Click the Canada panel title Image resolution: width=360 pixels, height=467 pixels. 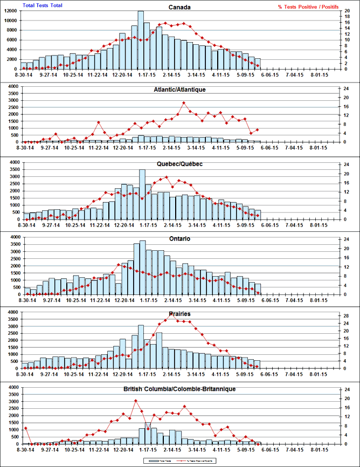point(179,8)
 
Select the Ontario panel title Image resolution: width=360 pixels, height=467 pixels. point(179,239)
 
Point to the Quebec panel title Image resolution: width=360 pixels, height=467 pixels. point(179,164)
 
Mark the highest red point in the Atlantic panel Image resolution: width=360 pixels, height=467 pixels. point(184,102)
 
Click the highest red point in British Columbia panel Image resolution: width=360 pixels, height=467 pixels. point(135,401)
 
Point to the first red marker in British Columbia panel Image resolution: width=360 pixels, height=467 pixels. point(25,428)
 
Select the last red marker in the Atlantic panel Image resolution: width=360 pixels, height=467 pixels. point(258,129)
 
